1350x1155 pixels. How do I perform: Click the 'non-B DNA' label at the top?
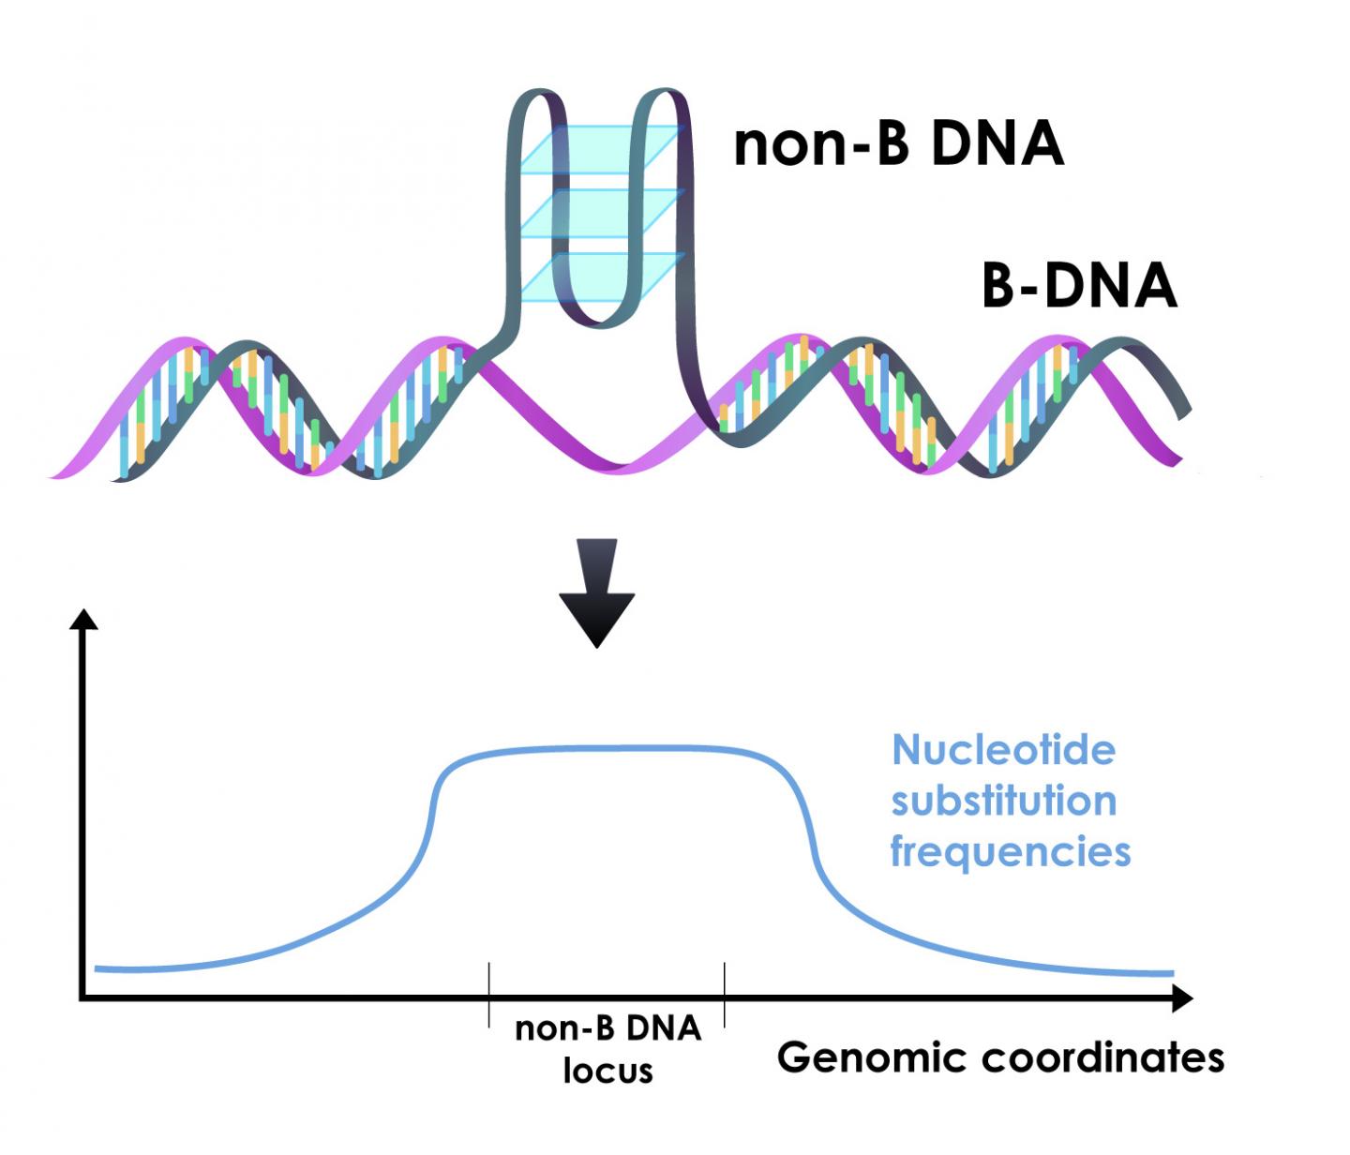pyautogui.click(x=898, y=145)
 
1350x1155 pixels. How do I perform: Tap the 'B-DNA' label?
pyautogui.click(x=1078, y=285)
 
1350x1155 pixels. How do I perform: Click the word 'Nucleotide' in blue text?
pyautogui.click(x=1003, y=750)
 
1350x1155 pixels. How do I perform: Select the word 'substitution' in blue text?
pyautogui.click(x=1003, y=802)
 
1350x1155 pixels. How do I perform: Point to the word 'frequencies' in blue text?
pyautogui.click(x=1010, y=852)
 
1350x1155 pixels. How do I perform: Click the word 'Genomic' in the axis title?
pyautogui.click(x=872, y=1057)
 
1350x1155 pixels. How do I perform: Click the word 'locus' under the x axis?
pyautogui.click(x=607, y=1070)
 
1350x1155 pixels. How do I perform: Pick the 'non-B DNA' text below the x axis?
pyautogui.click(x=607, y=1028)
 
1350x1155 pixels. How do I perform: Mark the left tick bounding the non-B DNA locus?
pyautogui.click(x=488, y=994)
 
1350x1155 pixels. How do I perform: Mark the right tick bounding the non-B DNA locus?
pyautogui.click(x=725, y=994)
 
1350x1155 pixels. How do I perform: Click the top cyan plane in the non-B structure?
pyautogui.click(x=600, y=150)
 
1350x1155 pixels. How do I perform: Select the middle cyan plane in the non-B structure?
pyautogui.click(x=600, y=213)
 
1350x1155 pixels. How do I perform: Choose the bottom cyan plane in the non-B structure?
pyautogui.click(x=600, y=277)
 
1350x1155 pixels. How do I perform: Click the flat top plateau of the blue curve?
pyautogui.click(x=609, y=748)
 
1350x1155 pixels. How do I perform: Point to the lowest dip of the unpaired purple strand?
pyautogui.click(x=619, y=466)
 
